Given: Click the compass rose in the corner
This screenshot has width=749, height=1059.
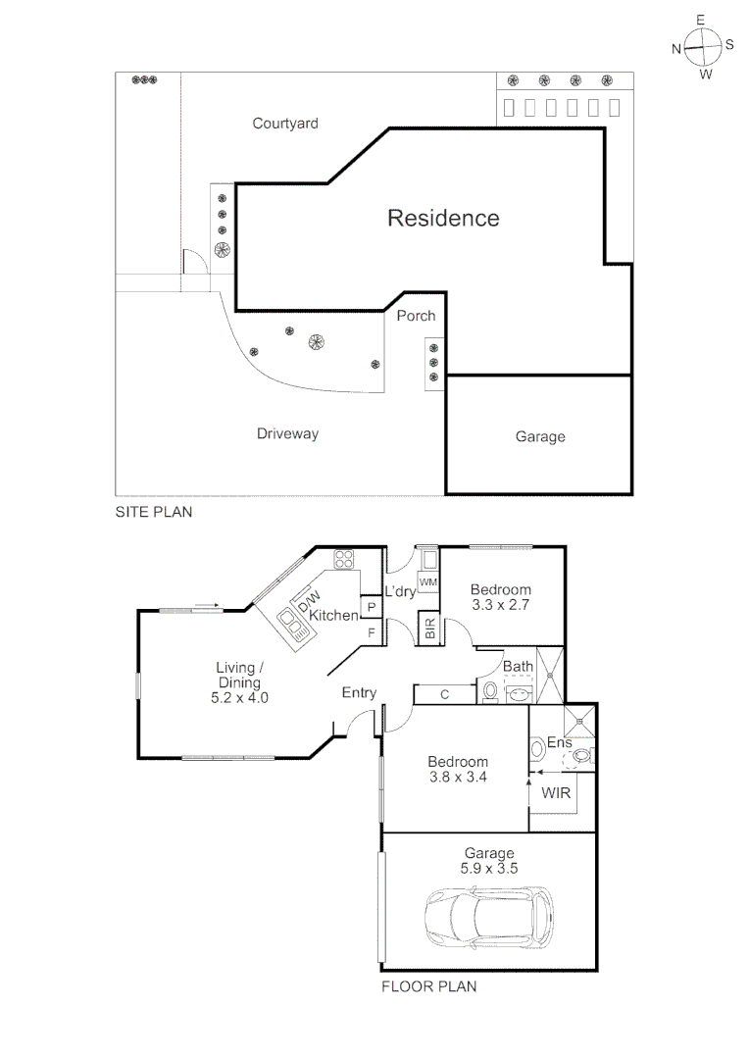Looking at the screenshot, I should pos(703,46).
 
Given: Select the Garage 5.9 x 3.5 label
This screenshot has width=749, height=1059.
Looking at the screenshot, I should pos(488,861).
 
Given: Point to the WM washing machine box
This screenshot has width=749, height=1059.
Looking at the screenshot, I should pos(427,582).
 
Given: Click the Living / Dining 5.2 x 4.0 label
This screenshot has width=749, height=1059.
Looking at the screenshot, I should pos(239,682).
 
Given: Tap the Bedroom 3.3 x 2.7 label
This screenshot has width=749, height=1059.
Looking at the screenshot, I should pos(501,597).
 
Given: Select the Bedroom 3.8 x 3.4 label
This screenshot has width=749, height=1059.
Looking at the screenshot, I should pos(458,769).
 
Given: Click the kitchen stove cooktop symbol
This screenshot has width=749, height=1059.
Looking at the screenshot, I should pos(344,560).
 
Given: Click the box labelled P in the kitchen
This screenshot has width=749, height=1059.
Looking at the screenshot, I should pos(372,607).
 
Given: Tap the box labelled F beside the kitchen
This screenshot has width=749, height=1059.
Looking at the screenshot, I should pos(372,632).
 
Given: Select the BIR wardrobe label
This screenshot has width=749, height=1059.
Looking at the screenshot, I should pos(429,628).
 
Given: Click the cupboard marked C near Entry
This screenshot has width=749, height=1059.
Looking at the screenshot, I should pos(444,695).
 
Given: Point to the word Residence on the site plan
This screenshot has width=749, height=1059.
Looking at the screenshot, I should pos(443,218).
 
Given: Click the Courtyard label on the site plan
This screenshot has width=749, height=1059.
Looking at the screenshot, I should pos(285,124).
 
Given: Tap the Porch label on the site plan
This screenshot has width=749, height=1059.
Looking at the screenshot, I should pos(416,316).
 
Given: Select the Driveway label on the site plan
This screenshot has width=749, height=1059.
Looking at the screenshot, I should pos(287,433).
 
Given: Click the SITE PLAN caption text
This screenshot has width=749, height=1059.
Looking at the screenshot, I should pos(154,512).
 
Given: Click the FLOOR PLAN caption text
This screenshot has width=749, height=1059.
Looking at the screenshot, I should pos(428,986).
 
